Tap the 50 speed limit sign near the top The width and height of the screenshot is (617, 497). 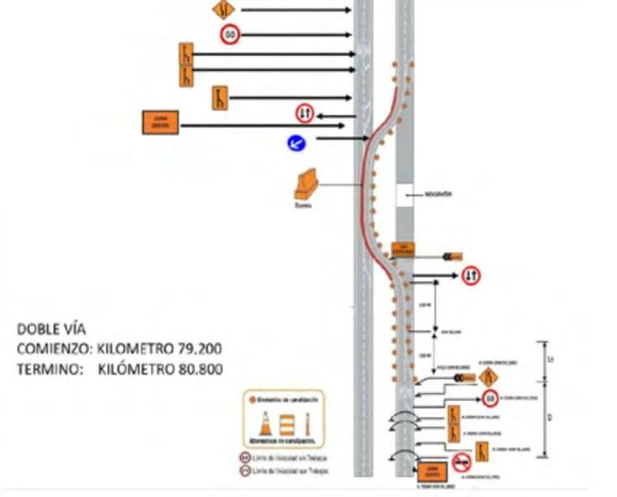tap(230, 34)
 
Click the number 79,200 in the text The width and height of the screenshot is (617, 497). tap(194, 349)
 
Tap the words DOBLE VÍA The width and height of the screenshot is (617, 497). tap(52, 329)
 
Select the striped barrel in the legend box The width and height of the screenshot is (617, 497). tap(287, 424)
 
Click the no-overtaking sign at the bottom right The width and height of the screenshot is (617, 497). tap(462, 463)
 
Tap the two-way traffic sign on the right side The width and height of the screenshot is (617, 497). tap(471, 276)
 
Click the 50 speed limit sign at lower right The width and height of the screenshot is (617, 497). tap(490, 399)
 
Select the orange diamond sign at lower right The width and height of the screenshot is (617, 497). tap(488, 377)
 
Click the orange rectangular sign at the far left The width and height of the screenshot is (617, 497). tap(160, 123)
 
